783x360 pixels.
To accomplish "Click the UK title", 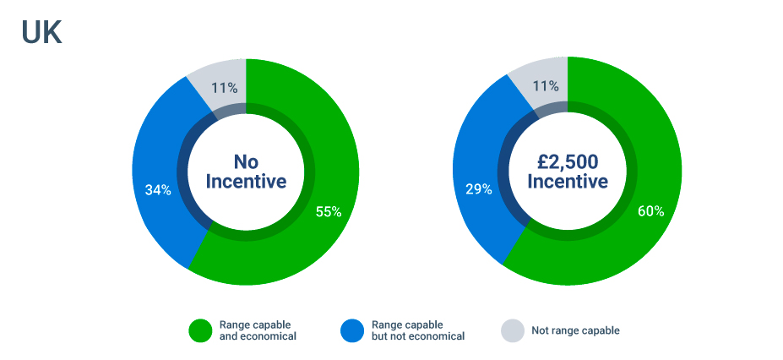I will (41, 31).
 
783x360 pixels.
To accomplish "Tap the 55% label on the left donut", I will (329, 211).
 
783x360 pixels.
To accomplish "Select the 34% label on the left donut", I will (158, 190).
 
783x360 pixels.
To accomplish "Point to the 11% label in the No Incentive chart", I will (225, 87).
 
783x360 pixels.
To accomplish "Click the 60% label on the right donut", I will (650, 211).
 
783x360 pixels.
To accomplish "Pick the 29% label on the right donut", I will (478, 189).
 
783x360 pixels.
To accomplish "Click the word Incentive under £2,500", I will (568, 182).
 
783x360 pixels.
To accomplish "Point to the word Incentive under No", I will (246, 182).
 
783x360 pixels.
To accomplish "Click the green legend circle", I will (200, 330).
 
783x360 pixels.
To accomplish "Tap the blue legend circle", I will (352, 330).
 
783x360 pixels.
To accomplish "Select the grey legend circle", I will (513, 330).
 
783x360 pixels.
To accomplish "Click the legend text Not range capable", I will (575, 330).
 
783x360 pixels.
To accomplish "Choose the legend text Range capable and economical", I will (258, 330).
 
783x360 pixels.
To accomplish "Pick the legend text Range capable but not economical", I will (418, 330).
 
